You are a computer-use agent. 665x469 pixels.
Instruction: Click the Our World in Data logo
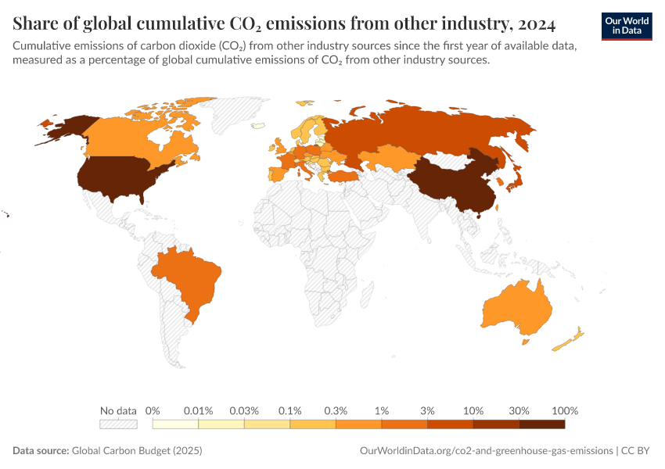pyautogui.click(x=626, y=25)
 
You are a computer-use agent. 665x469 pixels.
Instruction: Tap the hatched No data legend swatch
pyautogui.click(x=118, y=424)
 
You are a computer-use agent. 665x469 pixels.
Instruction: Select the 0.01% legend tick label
pyautogui.click(x=199, y=410)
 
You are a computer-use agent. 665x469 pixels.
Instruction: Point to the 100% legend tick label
pyautogui.click(x=564, y=410)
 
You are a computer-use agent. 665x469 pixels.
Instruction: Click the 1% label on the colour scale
pyautogui.click(x=382, y=410)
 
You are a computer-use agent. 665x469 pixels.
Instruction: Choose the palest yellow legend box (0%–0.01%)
pyautogui.click(x=176, y=424)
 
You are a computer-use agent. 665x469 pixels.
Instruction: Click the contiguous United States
pyautogui.click(x=117, y=176)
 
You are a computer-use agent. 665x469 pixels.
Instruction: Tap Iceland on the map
pyautogui.click(x=257, y=124)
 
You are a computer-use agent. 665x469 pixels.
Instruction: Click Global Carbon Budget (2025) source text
pyautogui.click(x=124, y=451)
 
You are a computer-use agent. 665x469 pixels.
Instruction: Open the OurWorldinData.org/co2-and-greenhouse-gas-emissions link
pyautogui.click(x=486, y=451)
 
